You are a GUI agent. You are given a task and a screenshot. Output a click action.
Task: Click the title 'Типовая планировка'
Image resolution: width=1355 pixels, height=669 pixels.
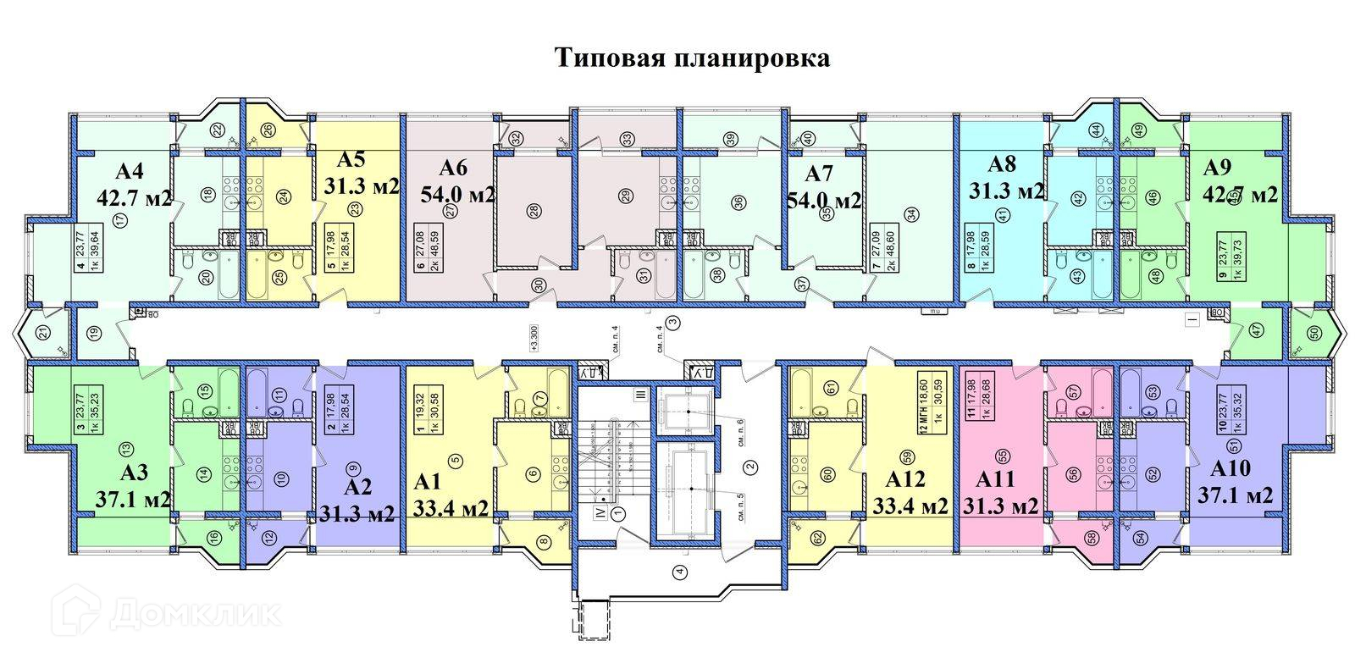692,58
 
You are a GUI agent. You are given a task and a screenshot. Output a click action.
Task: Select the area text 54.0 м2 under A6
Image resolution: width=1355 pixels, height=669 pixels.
457,195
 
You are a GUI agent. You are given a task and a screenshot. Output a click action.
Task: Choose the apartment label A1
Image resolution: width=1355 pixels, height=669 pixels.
429,482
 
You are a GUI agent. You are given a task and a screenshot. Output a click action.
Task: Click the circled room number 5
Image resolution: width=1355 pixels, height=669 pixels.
456,460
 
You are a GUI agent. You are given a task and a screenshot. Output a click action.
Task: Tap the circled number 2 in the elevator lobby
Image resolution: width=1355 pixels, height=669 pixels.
749,465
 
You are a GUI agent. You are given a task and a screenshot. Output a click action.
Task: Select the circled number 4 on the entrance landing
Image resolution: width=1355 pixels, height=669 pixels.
678,571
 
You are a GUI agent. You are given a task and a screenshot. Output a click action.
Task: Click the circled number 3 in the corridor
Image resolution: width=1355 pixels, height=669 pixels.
673,322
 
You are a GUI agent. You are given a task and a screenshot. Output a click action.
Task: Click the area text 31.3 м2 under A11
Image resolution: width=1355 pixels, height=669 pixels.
1000,506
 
